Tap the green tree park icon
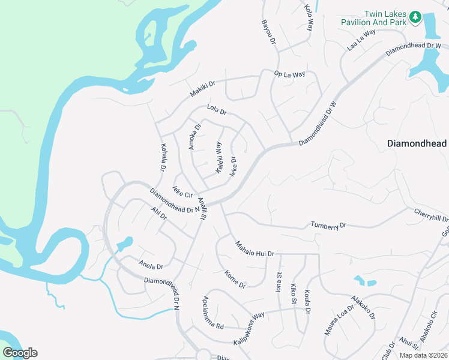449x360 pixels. pos(415,18)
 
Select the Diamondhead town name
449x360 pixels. pos(417,144)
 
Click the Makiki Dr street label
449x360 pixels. pos(202,89)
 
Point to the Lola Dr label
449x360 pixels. pos(216,110)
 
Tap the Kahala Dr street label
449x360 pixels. pos(162,158)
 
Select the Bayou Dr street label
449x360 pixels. pos(268,34)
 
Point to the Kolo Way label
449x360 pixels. pos(309,17)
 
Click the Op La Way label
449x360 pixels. pos(289,74)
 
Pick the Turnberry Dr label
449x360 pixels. pos(328,226)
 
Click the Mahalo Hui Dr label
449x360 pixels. pos(254,248)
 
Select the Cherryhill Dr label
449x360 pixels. pos(431,215)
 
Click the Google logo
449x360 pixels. pos(20,352)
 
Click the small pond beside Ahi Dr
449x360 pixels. pos(125,244)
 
